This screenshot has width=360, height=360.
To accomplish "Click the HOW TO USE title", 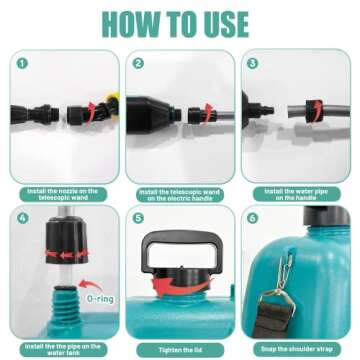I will [180, 22].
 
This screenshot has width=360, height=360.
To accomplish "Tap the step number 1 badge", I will [21, 61].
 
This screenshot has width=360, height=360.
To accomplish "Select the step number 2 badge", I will [138, 61].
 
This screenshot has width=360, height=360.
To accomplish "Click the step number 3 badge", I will [253, 61].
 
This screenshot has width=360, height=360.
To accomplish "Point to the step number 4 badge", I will [21, 215].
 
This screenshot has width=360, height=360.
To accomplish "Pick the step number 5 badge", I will [138, 215].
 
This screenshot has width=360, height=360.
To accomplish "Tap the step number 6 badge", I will [253, 215].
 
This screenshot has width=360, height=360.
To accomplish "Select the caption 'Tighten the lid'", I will [179, 350].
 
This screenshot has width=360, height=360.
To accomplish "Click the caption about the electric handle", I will [179, 193].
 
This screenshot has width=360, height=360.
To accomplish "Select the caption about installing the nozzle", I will [62, 193].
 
